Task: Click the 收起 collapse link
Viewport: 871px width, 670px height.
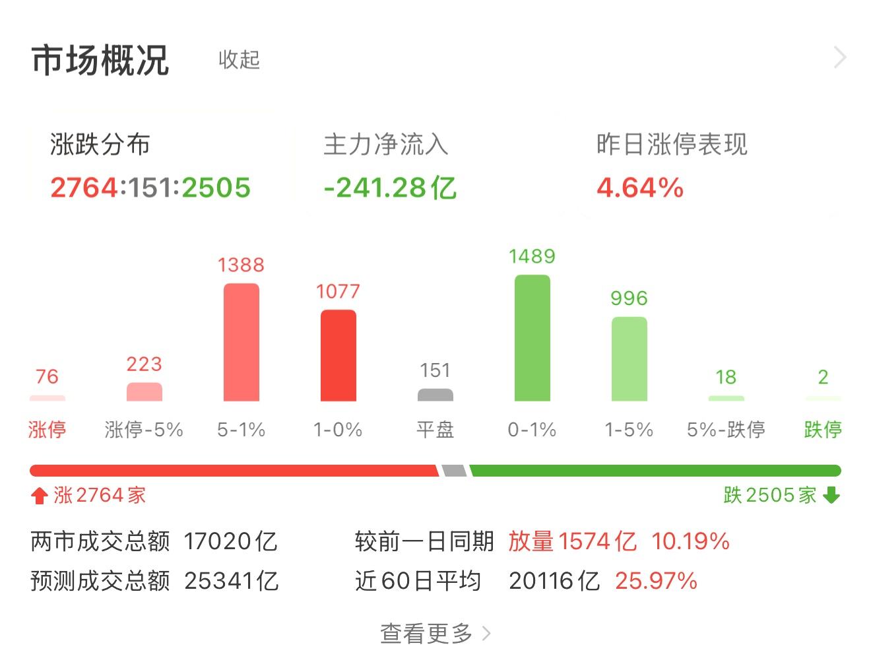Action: click(x=239, y=59)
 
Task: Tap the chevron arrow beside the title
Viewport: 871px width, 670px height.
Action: click(x=840, y=58)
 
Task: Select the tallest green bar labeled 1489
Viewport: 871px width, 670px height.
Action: click(x=532, y=337)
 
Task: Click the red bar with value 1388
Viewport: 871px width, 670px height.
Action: click(x=241, y=342)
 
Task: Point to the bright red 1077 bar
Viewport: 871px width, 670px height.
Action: click(x=338, y=355)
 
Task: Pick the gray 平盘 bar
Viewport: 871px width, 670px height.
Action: click(x=435, y=395)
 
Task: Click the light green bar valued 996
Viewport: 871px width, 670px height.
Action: click(x=629, y=358)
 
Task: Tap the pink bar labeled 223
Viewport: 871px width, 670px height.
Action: click(x=144, y=391)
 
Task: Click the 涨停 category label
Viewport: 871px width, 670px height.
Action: click(x=47, y=430)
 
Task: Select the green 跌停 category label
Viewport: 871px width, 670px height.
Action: click(x=822, y=430)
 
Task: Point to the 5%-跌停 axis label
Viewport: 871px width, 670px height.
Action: click(x=726, y=430)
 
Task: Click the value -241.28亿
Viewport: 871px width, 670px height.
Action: click(x=390, y=187)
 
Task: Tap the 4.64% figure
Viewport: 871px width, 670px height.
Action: click(x=639, y=187)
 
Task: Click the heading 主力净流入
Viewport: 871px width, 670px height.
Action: click(x=386, y=145)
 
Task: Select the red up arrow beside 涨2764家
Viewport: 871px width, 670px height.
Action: click(x=40, y=495)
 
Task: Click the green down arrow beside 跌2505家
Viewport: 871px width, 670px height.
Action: click(x=831, y=495)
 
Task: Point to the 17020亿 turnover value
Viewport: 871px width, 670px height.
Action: click(x=230, y=542)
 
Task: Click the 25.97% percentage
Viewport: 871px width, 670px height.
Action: click(x=656, y=581)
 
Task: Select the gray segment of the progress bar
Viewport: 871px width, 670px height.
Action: click(x=454, y=471)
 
